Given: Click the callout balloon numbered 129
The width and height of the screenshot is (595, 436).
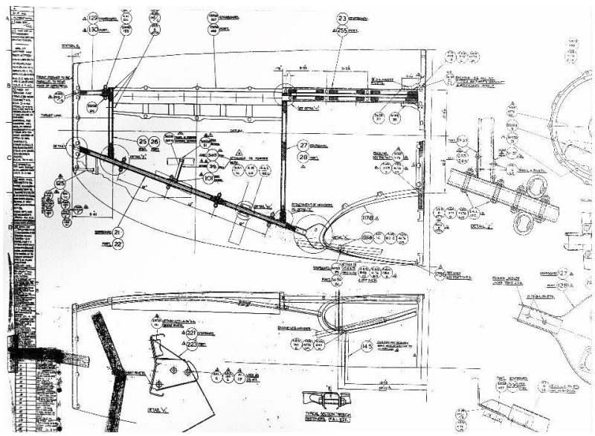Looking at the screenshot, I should click(94, 17).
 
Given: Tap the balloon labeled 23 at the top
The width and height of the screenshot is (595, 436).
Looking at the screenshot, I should click(342, 18).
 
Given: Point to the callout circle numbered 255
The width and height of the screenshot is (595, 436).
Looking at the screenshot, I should click(342, 31).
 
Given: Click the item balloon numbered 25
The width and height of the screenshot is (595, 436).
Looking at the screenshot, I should click(142, 141).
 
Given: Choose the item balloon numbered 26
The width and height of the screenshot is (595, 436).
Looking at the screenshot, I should click(155, 141).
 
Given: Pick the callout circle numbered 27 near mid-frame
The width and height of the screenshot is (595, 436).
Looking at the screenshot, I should click(303, 145).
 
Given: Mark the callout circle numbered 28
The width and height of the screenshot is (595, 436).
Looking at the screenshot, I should click(303, 158).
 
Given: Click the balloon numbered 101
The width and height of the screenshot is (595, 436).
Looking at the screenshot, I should click(209, 178).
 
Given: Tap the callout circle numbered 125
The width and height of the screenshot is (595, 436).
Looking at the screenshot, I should click(60, 182).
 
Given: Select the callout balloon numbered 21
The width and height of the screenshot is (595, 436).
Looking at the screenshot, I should click(118, 232).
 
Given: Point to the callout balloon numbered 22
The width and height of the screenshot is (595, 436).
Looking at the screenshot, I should click(118, 243).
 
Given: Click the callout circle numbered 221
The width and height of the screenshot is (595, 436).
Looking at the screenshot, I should click(191, 332).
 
